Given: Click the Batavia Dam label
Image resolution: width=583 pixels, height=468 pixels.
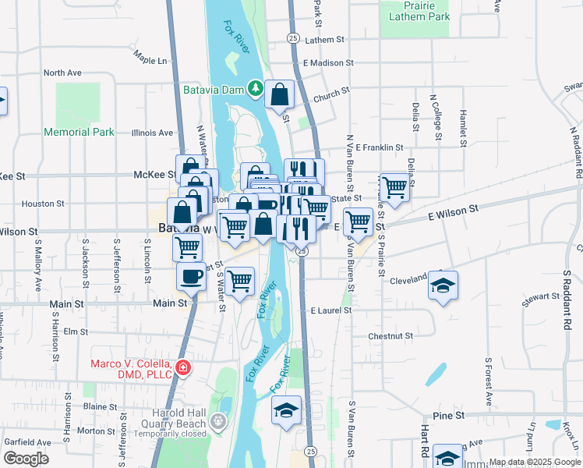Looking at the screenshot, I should tap(214, 90).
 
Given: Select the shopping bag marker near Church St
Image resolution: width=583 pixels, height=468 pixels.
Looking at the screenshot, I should tap(279, 95).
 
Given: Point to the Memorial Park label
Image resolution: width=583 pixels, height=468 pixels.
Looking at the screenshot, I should tap(79, 132).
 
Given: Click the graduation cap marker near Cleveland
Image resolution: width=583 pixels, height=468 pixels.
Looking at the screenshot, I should tap(443, 285).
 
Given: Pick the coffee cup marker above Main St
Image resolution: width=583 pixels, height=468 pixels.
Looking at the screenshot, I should tap(191, 275).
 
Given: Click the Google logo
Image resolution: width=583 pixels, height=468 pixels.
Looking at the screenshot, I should tap(25, 459).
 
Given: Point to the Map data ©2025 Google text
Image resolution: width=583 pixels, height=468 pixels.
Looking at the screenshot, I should tap(535, 462).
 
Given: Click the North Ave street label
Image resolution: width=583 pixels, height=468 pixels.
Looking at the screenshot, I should tap(62, 73).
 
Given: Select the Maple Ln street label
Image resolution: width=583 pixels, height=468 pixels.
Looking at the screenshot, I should tap(150, 59).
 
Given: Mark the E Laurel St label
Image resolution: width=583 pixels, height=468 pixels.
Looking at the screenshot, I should tap(330, 310).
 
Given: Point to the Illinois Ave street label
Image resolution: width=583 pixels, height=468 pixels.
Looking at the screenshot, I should tap(153, 133).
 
